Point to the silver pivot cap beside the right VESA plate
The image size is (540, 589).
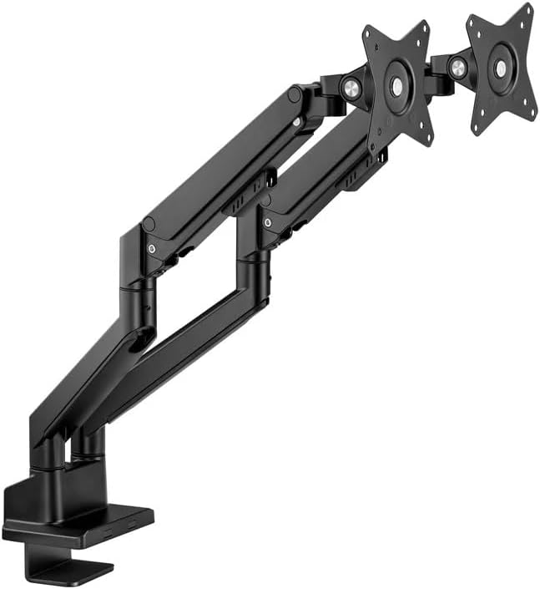pos(457,69)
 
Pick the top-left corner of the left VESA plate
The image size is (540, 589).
pos(366,32)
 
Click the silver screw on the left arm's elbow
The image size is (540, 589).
pos(150,248)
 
